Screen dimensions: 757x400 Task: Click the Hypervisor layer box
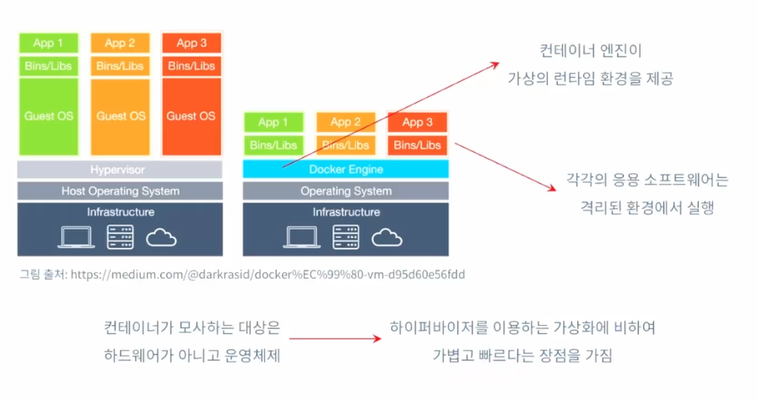[120, 170]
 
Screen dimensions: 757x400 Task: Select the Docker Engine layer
[346, 170]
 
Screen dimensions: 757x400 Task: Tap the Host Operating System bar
[120, 191]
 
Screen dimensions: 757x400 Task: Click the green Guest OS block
[48, 116]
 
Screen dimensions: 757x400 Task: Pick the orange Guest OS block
[120, 116]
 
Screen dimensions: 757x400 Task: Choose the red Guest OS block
[192, 116]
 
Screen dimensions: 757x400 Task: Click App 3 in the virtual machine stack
[192, 43]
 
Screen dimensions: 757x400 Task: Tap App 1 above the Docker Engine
[273, 122]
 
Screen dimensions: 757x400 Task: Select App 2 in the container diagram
[346, 122]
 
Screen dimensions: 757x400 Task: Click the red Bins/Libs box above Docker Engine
[417, 145]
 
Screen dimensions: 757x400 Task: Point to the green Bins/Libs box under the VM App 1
[48, 66]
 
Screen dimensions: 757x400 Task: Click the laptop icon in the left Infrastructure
[76, 237]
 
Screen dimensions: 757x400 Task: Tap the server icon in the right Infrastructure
[346, 237]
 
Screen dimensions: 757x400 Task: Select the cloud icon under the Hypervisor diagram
[161, 238]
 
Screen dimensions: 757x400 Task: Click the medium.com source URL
[268, 274]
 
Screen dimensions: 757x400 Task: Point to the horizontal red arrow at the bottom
[335, 338]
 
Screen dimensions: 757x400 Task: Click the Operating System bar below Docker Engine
[346, 191]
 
